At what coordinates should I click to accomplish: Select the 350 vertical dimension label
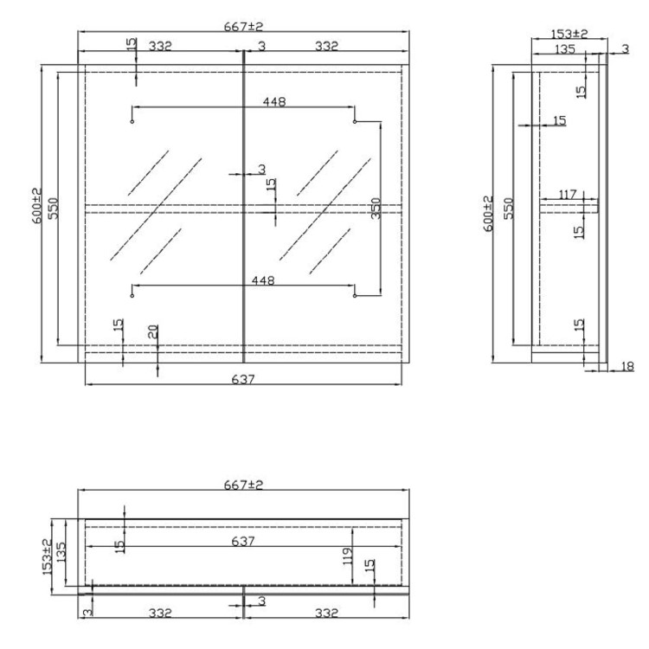pyautogui.click(x=376, y=209)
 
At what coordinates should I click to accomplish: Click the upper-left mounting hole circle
pyautogui.click(x=132, y=122)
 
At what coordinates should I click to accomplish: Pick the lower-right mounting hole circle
pyautogui.click(x=355, y=296)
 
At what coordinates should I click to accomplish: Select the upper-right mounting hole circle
pyautogui.click(x=355, y=122)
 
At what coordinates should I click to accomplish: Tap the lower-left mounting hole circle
pyautogui.click(x=132, y=296)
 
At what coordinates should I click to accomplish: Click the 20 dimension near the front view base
pyautogui.click(x=152, y=331)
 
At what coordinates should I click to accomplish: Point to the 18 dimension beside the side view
pyautogui.click(x=627, y=367)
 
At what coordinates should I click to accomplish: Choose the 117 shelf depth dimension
pyautogui.click(x=567, y=195)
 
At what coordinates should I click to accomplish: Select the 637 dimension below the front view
pyautogui.click(x=243, y=378)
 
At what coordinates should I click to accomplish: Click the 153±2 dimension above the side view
pyautogui.click(x=569, y=34)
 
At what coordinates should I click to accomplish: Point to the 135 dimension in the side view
pyautogui.click(x=564, y=49)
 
